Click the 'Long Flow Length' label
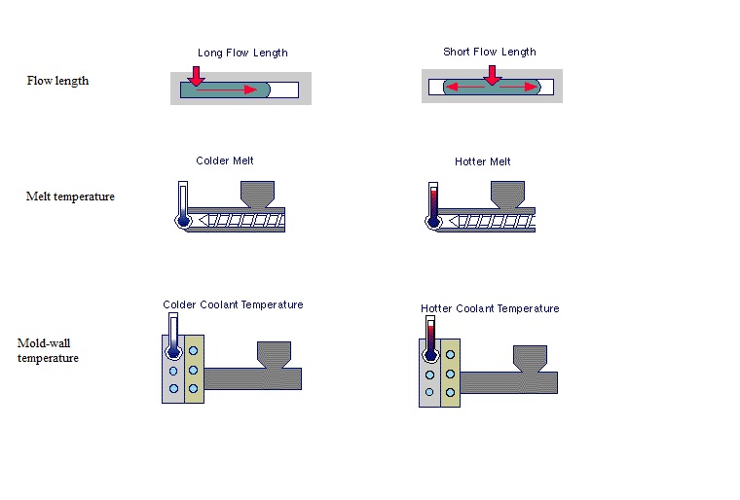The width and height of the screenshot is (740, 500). (x=242, y=53)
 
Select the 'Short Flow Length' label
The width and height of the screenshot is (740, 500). (x=489, y=52)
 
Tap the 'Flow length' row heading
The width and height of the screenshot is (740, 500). (x=57, y=81)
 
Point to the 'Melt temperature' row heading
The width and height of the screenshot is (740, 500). (x=70, y=196)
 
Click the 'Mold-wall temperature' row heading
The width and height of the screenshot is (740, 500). (x=48, y=350)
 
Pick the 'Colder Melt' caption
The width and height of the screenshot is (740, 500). (x=225, y=161)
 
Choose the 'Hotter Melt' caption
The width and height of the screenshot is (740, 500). (x=482, y=161)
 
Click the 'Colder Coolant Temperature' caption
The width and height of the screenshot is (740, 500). (x=233, y=304)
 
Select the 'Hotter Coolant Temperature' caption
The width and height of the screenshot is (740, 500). (x=490, y=308)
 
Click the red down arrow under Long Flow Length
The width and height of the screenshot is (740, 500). (x=197, y=76)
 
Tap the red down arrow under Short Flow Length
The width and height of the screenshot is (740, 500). (x=493, y=75)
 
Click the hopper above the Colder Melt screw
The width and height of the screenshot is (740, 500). (x=258, y=193)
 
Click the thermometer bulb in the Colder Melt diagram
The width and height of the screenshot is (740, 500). (x=182, y=221)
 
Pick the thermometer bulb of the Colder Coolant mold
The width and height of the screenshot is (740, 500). (x=172, y=352)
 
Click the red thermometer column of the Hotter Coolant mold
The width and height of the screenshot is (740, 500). (x=429, y=337)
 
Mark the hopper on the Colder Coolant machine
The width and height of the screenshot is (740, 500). (x=273, y=355)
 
